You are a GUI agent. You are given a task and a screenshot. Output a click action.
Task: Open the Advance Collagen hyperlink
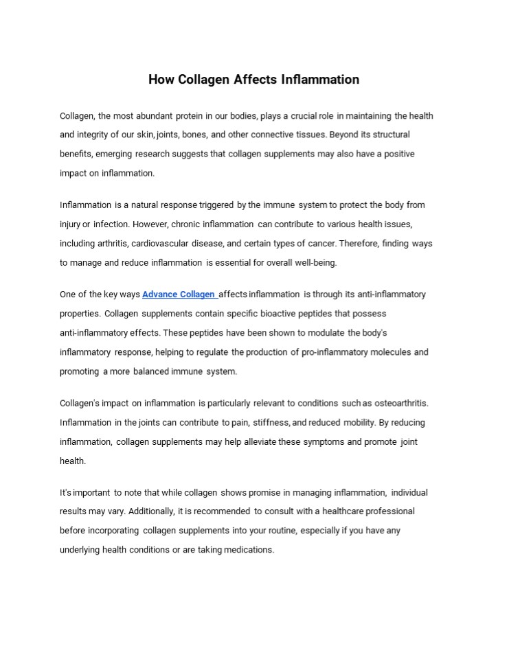[179, 294]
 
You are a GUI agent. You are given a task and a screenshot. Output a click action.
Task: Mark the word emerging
[114, 154]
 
